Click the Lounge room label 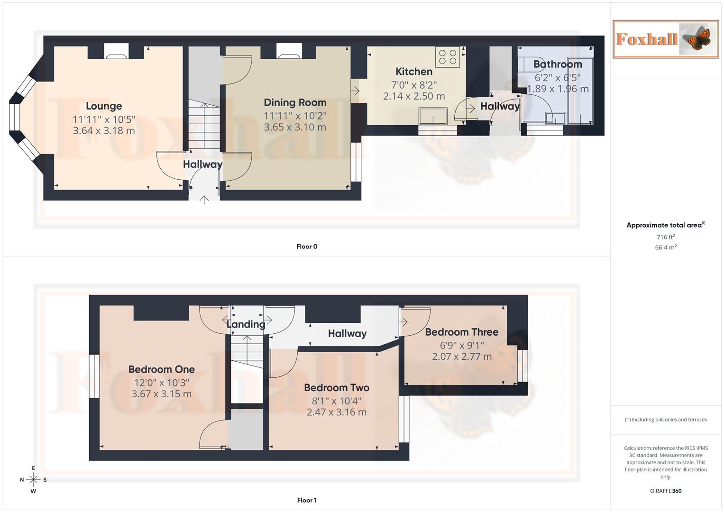click(104, 106)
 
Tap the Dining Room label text click(295, 102)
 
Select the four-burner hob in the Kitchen click(448, 57)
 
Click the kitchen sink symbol click(432, 116)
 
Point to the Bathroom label click(558, 64)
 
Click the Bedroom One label click(161, 369)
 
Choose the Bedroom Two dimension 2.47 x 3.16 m click(336, 412)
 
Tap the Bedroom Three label click(461, 332)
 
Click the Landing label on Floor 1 click(246, 324)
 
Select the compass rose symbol click(33, 480)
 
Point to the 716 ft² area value click(666, 237)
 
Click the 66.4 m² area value click(666, 247)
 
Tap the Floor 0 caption click(307, 247)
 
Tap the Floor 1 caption click(307, 500)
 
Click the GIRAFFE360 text click(666, 491)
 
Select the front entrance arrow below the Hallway click(204, 200)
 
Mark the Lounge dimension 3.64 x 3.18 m click(104, 130)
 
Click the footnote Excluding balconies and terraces click(666, 420)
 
